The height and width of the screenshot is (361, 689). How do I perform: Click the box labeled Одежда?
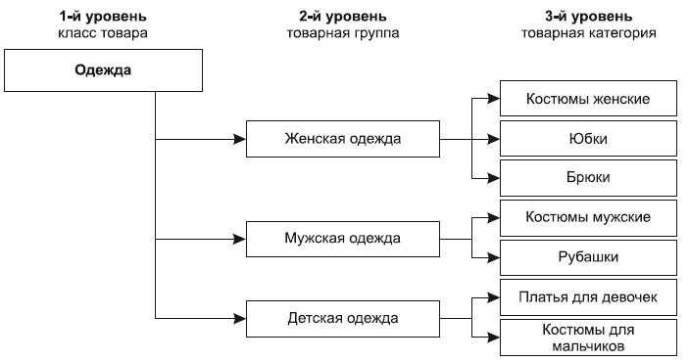[103, 70]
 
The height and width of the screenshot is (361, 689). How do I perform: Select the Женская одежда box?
[342, 138]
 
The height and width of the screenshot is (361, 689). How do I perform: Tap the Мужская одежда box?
[342, 238]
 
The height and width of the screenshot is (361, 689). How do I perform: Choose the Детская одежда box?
[342, 317]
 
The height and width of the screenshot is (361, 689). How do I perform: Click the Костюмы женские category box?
[588, 100]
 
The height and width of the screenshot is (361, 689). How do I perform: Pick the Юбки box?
[588, 139]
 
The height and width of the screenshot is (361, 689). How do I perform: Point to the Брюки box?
[588, 177]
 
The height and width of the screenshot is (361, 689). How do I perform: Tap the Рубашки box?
[588, 256]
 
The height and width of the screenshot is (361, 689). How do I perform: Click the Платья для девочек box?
[588, 295]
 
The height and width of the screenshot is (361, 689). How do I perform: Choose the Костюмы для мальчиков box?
[588, 336]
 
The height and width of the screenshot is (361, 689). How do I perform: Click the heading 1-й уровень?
[103, 17]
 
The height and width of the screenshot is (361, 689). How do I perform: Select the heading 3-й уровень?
[588, 17]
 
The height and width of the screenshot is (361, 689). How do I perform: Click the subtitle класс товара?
[103, 33]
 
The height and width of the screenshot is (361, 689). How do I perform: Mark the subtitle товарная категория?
[588, 33]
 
